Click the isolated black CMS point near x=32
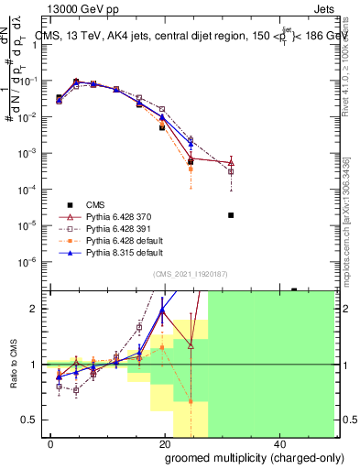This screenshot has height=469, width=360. click(x=231, y=215)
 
